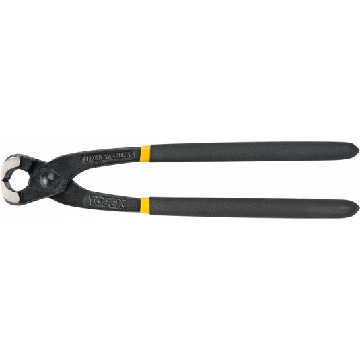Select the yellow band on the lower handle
click(x=145, y=205)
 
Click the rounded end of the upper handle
click(x=354, y=153)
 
